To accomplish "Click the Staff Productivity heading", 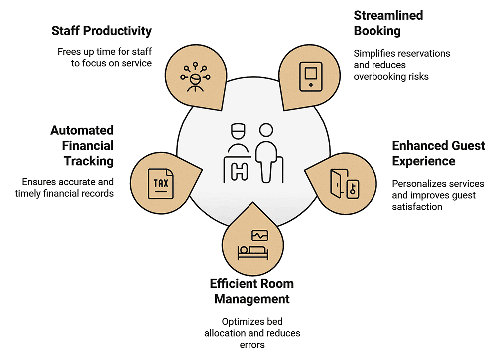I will pos(102,31).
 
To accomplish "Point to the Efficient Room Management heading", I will pos(251,291).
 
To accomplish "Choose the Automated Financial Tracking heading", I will pos(82,145).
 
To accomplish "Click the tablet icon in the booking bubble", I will pos(311,76).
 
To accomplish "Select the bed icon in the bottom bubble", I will pos(252,251).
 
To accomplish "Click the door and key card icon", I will pos(343,184).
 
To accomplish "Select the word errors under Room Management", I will pos(252,344).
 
